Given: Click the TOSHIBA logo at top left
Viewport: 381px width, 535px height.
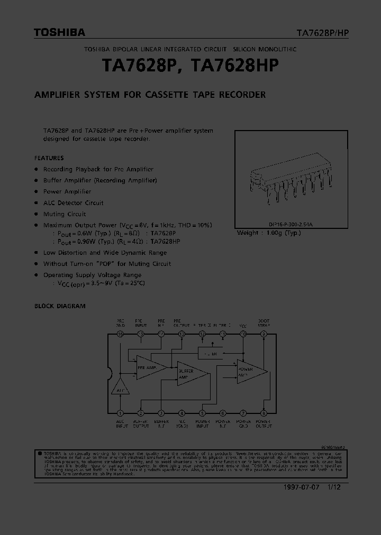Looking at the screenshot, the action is pyautogui.click(x=59, y=33).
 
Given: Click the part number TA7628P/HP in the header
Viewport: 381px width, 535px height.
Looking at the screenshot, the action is pyautogui.click(x=322, y=33).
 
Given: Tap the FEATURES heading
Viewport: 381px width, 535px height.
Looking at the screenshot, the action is pyautogui.click(x=49, y=158).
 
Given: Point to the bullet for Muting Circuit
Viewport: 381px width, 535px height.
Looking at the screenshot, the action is pyautogui.click(x=36, y=214).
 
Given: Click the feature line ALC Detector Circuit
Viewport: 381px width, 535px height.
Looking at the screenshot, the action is pyautogui.click(x=73, y=203).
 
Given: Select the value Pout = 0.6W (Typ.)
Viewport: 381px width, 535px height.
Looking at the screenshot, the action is pyautogui.click(x=82, y=233).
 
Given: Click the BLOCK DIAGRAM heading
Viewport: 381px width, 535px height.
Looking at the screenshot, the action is pyautogui.click(x=60, y=306).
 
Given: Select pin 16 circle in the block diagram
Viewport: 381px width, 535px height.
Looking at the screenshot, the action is pyautogui.click(x=120, y=334).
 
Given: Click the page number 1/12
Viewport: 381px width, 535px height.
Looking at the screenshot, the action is pyautogui.click(x=333, y=487).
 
